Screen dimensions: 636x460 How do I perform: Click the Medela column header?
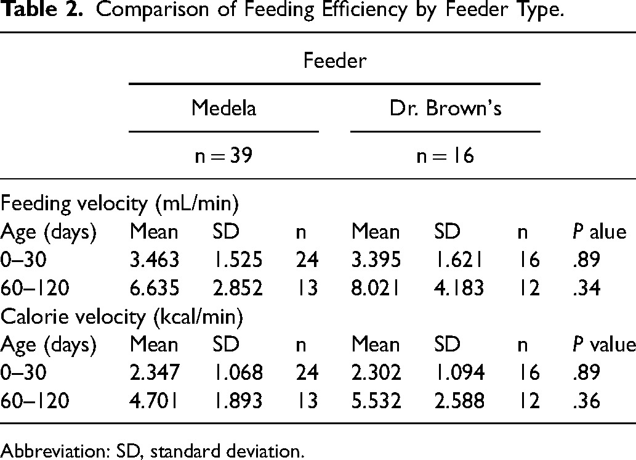[x=223, y=108]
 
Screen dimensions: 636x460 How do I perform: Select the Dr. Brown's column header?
[x=445, y=108]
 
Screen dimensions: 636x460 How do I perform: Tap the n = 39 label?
[x=223, y=155]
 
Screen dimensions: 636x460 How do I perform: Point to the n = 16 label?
[x=445, y=155]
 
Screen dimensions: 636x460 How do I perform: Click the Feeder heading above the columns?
[x=335, y=60]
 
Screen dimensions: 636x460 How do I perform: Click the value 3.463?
[x=154, y=260]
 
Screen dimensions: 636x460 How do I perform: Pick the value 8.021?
[x=376, y=288]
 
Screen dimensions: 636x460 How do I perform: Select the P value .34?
[x=586, y=288]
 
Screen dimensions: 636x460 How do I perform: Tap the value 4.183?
[x=459, y=288]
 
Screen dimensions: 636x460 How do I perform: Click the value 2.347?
[x=154, y=372]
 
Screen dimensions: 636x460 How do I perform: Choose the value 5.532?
[x=376, y=400]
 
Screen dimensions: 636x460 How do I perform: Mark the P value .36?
[x=586, y=400]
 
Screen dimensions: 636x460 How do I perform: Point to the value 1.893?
[x=238, y=400]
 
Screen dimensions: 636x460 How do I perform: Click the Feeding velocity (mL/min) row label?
[x=119, y=203]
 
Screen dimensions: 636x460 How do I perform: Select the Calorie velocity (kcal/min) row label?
[x=121, y=316]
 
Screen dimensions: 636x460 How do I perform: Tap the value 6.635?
[x=154, y=288]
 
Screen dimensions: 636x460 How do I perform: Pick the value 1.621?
[x=458, y=260]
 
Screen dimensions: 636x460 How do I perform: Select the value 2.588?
[x=459, y=400]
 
